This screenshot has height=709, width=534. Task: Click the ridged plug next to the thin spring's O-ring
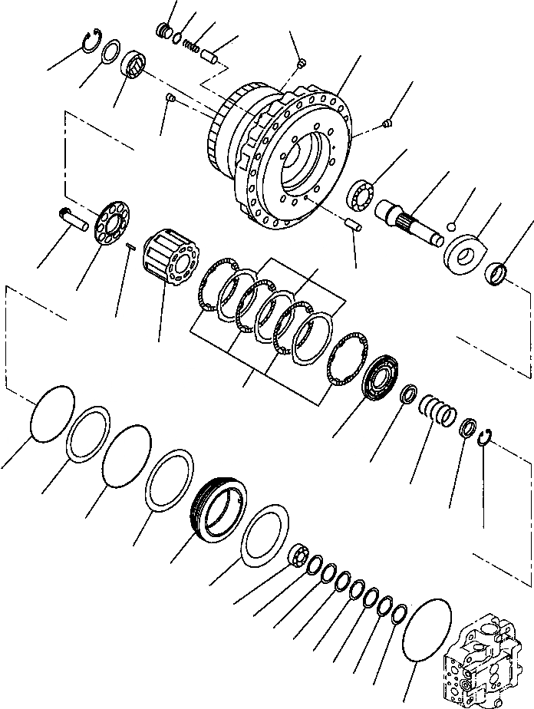tap(163, 31)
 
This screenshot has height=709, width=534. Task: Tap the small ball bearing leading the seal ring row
tap(299, 554)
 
